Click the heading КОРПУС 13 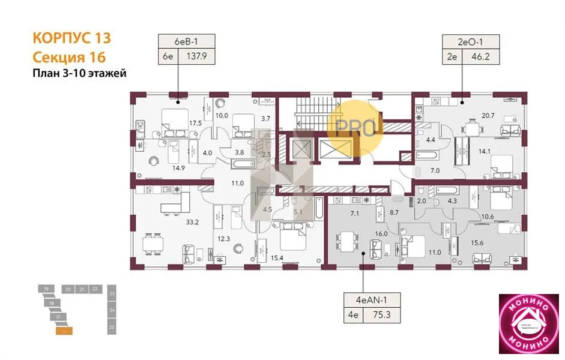click(71, 38)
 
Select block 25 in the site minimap click(112, 328)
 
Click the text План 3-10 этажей click(79, 74)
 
